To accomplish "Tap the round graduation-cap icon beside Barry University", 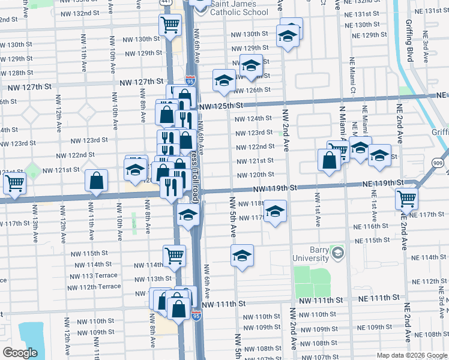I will (x=338, y=254).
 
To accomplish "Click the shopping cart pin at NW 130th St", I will (x=170, y=25).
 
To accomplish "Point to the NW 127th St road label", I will (x=142, y=82).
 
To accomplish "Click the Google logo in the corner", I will (x=20, y=352).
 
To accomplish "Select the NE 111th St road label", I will (x=370, y=298).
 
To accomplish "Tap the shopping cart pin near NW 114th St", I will (x=174, y=255).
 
